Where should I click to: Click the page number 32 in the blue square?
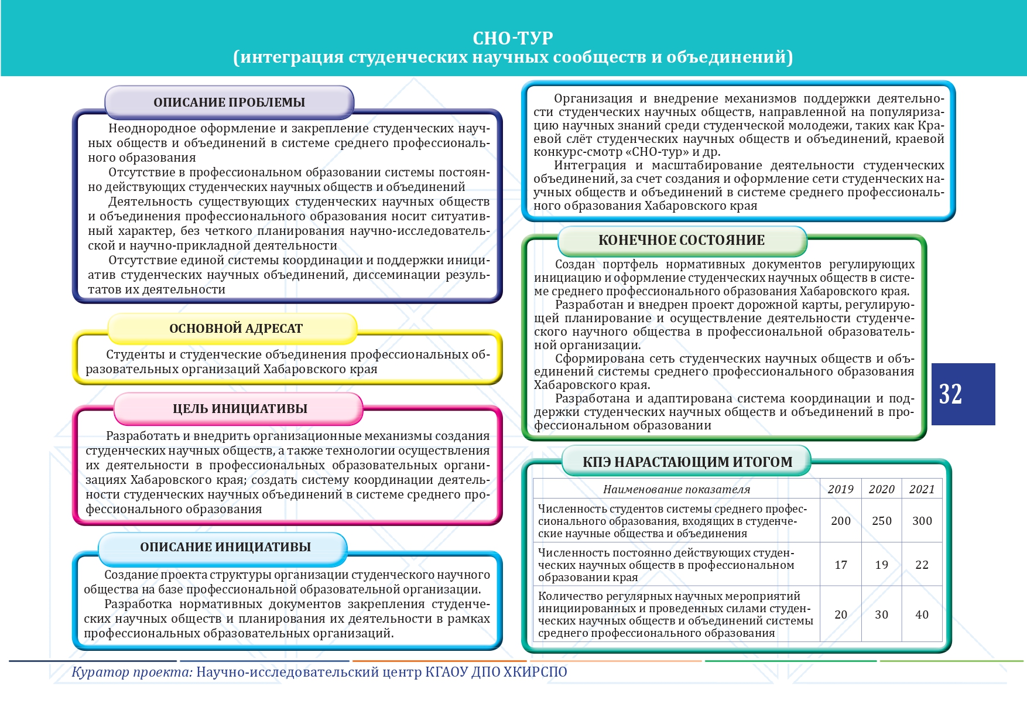coord(950,394)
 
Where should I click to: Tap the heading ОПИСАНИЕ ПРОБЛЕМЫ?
coord(229,103)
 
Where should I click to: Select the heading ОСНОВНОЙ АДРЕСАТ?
coord(235,329)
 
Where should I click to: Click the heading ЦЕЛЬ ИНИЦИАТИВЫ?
coord(239,409)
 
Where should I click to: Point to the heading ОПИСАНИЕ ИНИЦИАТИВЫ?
coord(225,547)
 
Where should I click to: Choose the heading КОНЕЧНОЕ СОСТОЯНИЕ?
coord(681,240)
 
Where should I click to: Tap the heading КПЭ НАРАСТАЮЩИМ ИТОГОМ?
coord(687,462)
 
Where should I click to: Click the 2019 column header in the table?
coord(840,490)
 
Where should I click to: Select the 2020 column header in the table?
coord(881,490)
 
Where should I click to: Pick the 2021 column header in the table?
coord(922,490)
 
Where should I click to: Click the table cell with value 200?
coord(840,521)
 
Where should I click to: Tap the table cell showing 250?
coord(881,521)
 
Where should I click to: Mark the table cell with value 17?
coord(840,565)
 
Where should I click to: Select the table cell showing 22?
coord(922,565)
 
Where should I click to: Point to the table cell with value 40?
coord(922,615)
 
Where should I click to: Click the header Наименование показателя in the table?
coord(676,490)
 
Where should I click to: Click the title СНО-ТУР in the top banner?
coord(513,38)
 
